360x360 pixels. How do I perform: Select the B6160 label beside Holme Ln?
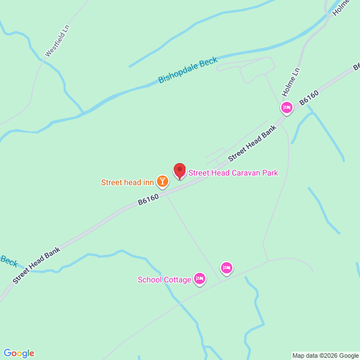(309, 97)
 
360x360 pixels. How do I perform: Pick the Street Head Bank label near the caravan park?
(253, 143)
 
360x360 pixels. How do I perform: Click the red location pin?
(179, 170)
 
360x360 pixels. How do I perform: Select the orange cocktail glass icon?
(162, 181)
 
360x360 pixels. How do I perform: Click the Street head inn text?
(127, 182)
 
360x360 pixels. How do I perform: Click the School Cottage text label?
(163, 280)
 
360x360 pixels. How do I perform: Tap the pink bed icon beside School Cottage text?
(199, 278)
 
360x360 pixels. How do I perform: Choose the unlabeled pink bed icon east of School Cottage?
(226, 268)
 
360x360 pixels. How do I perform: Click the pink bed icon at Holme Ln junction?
(287, 107)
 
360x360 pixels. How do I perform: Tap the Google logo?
(19, 353)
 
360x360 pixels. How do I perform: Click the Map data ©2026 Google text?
(325, 355)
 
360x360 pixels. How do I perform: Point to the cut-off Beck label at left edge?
(8, 260)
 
